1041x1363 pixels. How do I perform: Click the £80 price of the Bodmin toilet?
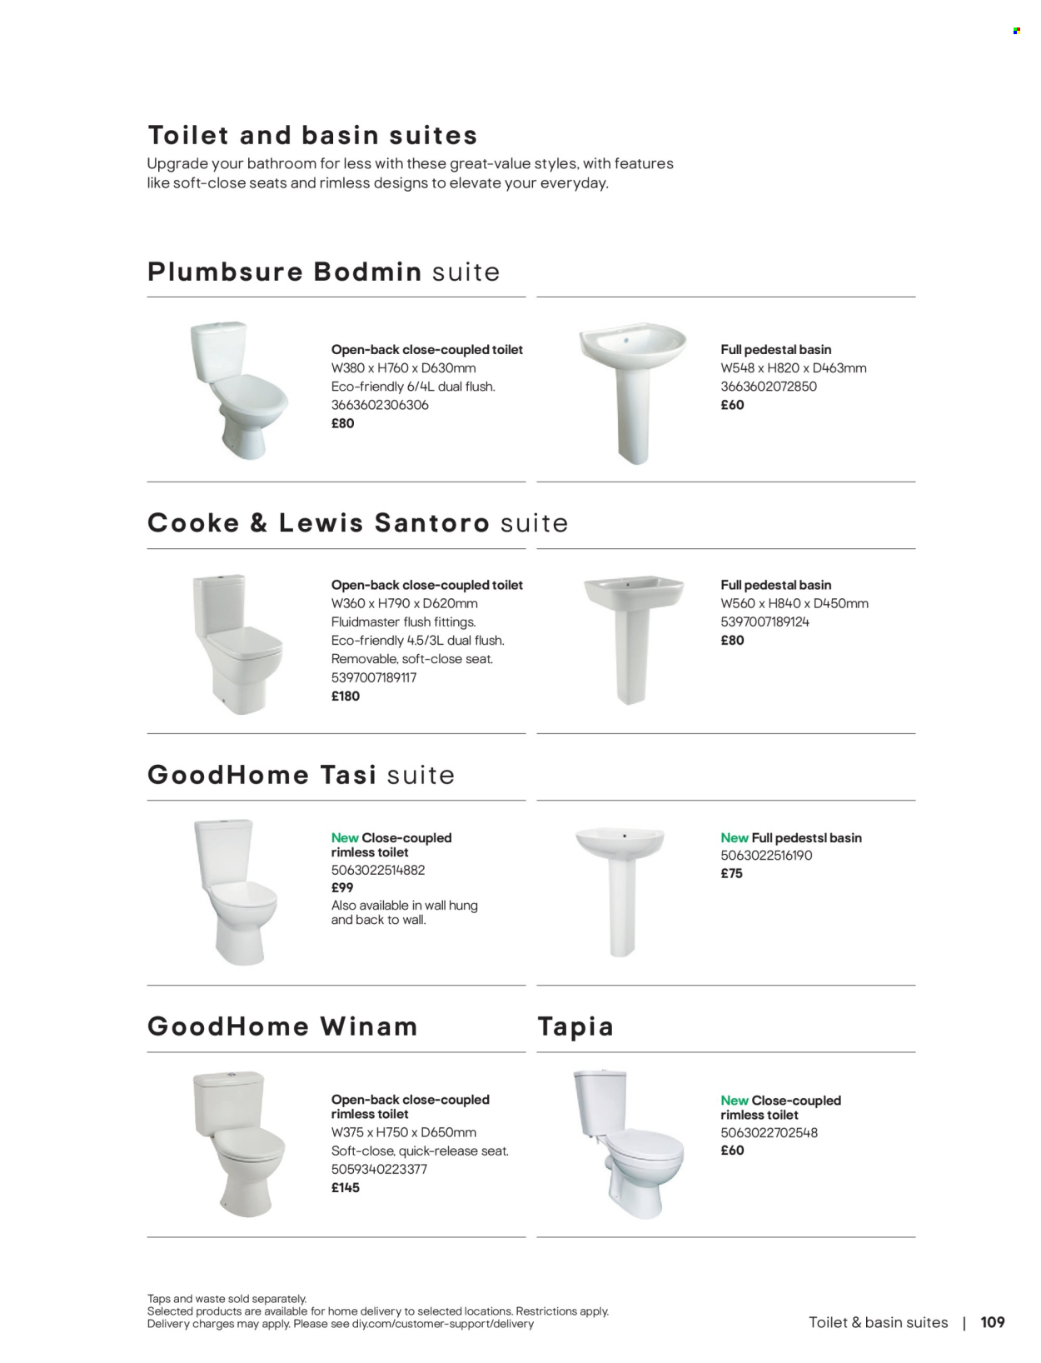[342, 423]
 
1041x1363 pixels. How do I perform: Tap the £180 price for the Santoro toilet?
[345, 696]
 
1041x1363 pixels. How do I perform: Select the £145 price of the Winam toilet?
[345, 1187]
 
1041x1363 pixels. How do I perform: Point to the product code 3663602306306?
[380, 405]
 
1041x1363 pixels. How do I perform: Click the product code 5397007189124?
[765, 622]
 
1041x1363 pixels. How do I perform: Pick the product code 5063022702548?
[769, 1132]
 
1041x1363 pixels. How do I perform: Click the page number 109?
[992, 1322]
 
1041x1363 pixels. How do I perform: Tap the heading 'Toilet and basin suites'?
[312, 135]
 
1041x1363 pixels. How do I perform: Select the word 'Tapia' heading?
[575, 1026]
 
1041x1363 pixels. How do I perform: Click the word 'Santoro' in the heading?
[431, 522]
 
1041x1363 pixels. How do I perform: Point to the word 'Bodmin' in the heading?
[367, 272]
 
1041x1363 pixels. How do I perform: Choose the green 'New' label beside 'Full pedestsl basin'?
[734, 837]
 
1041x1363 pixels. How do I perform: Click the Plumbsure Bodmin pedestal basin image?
[632, 392]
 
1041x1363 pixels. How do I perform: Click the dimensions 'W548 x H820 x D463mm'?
[793, 367]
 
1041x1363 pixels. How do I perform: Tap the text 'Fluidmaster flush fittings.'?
[403, 622]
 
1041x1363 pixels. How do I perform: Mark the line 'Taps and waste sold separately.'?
[227, 1298]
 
